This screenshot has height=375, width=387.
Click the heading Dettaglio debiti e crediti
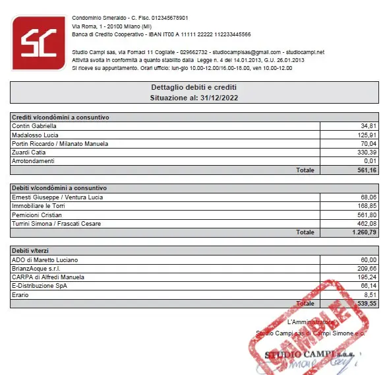coord(193,87)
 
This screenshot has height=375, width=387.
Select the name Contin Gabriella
coord(34,125)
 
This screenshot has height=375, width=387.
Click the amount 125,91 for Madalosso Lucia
coord(368,135)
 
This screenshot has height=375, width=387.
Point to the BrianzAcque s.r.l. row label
coord(37,268)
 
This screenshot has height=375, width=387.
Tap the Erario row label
coord(21,295)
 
